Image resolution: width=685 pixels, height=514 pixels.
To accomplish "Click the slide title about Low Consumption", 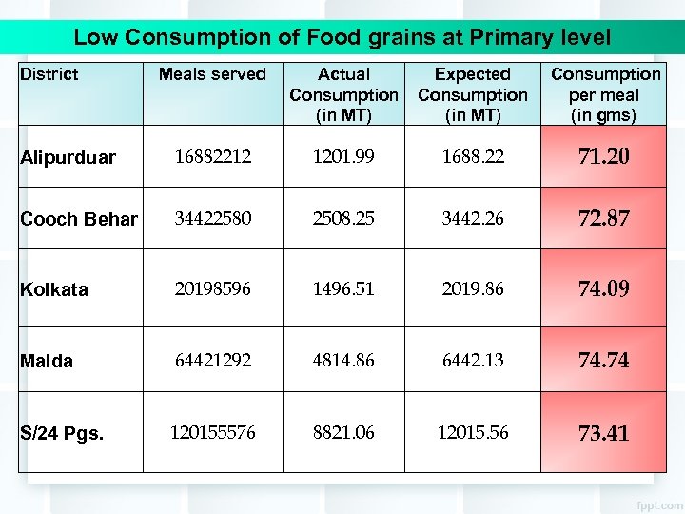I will click(342, 38).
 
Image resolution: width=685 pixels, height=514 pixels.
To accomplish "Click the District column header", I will click(49, 74).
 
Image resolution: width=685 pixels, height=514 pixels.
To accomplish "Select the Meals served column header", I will click(212, 74).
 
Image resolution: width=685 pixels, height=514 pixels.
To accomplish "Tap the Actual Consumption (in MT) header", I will click(343, 95).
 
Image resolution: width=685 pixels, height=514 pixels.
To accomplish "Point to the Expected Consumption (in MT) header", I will click(473, 95).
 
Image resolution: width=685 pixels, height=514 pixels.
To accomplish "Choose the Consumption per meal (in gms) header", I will click(605, 95).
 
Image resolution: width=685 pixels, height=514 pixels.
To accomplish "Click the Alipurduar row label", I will click(68, 158).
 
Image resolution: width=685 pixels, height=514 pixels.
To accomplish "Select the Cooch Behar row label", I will click(79, 220).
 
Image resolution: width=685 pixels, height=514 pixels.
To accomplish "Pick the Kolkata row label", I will click(54, 290).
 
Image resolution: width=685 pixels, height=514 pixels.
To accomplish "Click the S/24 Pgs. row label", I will click(63, 434).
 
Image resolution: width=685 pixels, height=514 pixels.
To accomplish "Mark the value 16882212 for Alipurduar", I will click(212, 157).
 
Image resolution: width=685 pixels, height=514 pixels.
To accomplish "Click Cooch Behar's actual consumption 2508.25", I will click(344, 219).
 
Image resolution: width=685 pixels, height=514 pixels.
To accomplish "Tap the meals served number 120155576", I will click(212, 433).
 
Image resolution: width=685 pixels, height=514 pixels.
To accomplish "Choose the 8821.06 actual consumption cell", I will click(344, 433).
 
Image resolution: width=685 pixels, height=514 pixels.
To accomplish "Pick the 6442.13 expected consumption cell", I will click(473, 361).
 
